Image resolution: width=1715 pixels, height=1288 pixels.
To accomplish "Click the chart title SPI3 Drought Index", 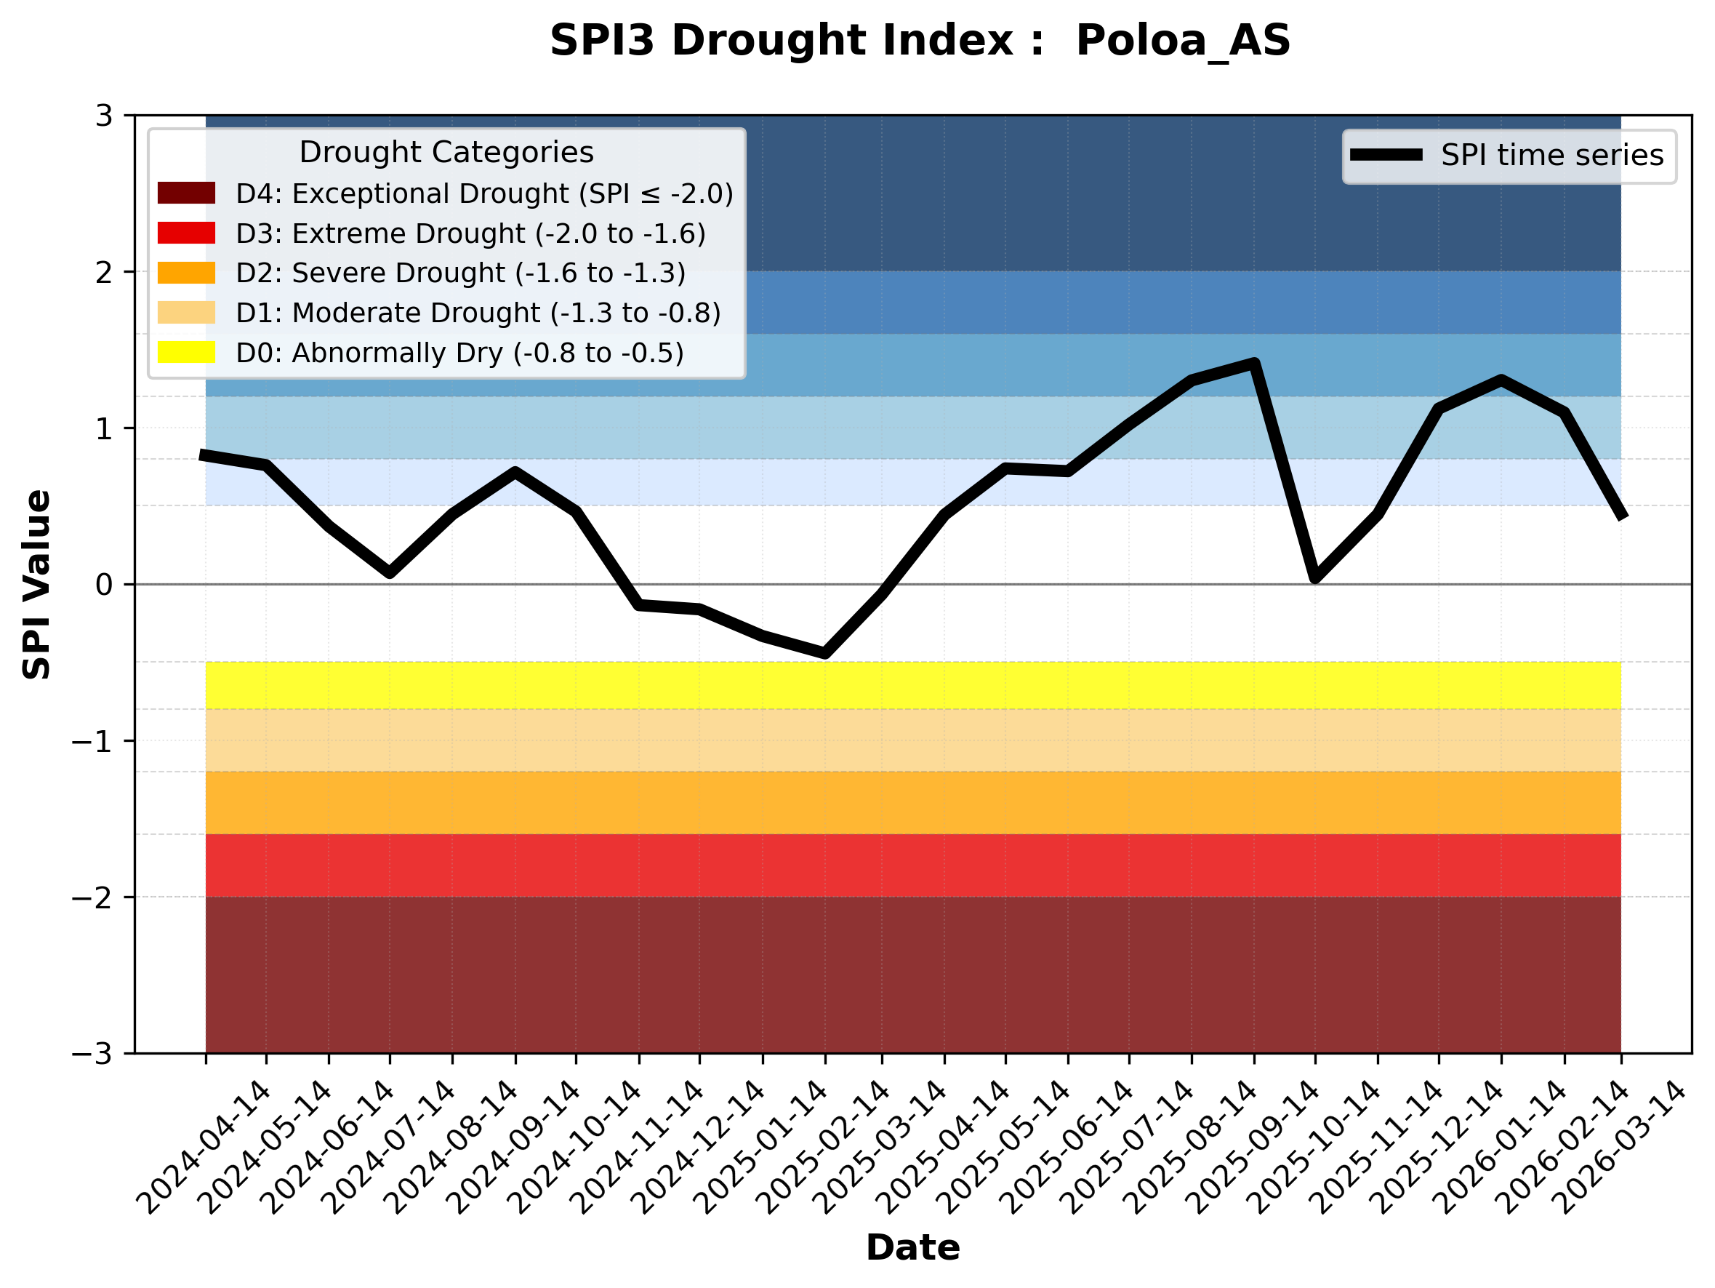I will [x=920, y=40].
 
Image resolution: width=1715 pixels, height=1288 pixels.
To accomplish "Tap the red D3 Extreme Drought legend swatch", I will [x=186, y=233].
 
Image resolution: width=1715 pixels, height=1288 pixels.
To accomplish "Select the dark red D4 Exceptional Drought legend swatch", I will [x=186, y=193].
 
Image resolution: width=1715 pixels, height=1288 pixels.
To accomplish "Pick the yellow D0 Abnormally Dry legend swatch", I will [x=186, y=352].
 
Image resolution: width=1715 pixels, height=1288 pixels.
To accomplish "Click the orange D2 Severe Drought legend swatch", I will [x=186, y=273].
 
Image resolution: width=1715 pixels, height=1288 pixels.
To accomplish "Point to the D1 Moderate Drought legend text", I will [x=478, y=313].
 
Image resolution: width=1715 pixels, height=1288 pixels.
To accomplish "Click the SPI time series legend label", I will [x=1551, y=155].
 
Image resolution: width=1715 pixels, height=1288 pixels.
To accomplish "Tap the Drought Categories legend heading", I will [x=446, y=152].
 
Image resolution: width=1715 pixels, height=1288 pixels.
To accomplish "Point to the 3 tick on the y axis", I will [x=104, y=116].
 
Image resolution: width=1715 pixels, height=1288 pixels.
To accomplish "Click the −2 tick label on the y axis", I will [x=92, y=897].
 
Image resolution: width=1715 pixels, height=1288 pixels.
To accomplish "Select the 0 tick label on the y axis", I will [x=104, y=585].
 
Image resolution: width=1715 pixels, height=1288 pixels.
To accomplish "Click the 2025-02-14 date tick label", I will [x=824, y=1148].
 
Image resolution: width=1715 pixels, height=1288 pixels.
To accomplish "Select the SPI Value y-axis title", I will [x=36, y=585].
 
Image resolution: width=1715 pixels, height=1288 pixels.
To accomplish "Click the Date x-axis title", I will [x=912, y=1248].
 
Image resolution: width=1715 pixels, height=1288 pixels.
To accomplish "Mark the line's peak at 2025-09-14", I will [x=1253, y=363].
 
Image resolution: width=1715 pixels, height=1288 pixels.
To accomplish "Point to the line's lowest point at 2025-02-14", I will [x=825, y=654].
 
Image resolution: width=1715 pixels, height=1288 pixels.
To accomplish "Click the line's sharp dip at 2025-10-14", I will [x=1315, y=577].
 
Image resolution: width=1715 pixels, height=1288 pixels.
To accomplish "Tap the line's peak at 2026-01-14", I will [x=1502, y=380].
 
